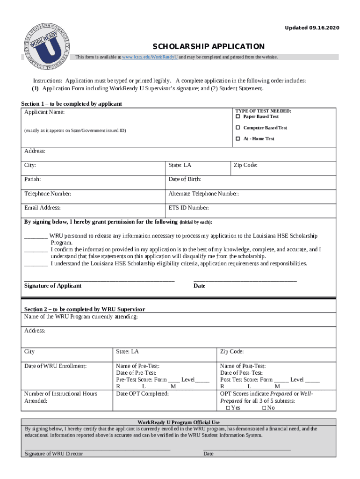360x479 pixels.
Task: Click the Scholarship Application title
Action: (x=209, y=46)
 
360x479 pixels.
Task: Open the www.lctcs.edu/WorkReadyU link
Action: (x=150, y=57)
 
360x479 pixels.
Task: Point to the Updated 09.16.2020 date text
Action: (x=312, y=29)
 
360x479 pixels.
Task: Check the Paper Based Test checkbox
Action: (x=238, y=116)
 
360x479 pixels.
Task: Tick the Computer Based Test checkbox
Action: (x=238, y=128)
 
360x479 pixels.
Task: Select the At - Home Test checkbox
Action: (x=238, y=139)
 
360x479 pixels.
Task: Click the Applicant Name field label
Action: (x=44, y=112)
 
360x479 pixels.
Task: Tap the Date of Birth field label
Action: (x=185, y=179)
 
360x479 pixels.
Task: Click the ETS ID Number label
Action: (x=188, y=208)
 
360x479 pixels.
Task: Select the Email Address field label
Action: (x=43, y=208)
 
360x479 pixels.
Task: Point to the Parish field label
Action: (x=32, y=179)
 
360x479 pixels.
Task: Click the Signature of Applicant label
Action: (x=53, y=286)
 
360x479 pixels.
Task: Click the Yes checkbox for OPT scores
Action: (x=228, y=408)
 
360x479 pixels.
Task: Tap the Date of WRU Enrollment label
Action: (x=56, y=366)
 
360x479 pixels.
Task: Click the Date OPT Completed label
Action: (x=142, y=394)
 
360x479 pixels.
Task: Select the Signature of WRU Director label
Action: (x=54, y=454)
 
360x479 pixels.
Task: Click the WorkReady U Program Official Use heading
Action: (x=179, y=422)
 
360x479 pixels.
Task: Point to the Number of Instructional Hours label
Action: (x=61, y=394)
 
